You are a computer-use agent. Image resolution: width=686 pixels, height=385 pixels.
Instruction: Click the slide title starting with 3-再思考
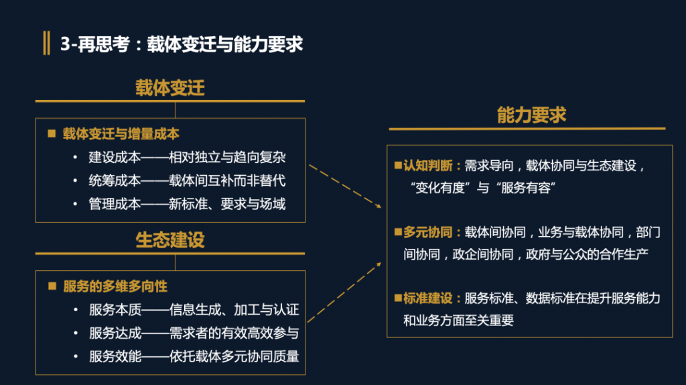182,44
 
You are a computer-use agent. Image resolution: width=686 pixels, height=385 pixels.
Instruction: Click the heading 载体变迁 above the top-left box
169,88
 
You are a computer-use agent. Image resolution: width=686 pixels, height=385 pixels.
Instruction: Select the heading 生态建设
169,240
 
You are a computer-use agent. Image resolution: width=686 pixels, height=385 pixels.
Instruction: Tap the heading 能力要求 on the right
531,115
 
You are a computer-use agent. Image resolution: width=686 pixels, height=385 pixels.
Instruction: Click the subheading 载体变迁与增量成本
121,134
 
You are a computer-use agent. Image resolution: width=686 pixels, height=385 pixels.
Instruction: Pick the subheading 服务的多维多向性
115,286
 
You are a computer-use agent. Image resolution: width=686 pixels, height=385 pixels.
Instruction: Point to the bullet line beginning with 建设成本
187,157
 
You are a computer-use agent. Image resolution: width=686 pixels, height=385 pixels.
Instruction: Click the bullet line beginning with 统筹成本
187,180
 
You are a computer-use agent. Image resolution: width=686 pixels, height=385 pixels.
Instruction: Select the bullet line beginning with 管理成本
187,204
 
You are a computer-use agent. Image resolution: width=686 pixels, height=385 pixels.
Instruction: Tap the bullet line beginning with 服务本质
194,310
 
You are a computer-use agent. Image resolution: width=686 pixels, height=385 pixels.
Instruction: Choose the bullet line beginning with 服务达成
194,333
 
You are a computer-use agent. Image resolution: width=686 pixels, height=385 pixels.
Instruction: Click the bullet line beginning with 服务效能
194,357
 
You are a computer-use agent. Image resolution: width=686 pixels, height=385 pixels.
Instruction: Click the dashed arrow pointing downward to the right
345,186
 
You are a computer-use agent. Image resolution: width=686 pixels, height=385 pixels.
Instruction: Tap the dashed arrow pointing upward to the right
344,292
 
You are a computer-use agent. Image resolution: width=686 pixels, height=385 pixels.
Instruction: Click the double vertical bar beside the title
46,43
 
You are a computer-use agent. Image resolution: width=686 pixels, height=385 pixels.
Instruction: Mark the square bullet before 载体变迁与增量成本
52,133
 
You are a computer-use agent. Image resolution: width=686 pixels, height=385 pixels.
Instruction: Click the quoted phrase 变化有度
439,188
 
